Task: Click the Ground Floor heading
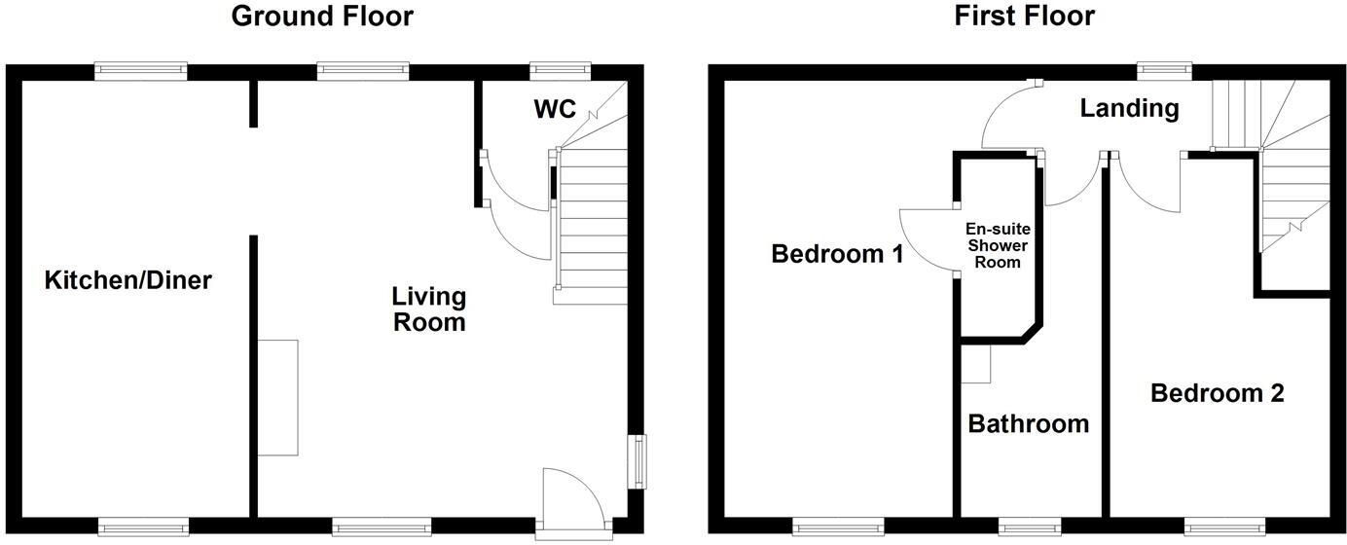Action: (321, 17)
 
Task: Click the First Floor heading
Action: (1024, 17)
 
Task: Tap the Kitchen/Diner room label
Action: (128, 281)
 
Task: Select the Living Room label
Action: (429, 309)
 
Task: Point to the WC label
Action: (555, 109)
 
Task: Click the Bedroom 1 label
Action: (837, 255)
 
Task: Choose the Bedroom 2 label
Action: (1217, 394)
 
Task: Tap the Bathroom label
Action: (1028, 424)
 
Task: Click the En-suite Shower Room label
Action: (998, 245)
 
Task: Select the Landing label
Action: (1129, 108)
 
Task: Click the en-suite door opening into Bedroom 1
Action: (925, 243)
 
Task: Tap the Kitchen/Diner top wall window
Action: (141, 70)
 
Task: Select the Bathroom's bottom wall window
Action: (1026, 528)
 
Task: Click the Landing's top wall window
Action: (1165, 70)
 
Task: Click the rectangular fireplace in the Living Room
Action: (278, 397)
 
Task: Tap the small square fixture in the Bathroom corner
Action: (975, 364)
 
